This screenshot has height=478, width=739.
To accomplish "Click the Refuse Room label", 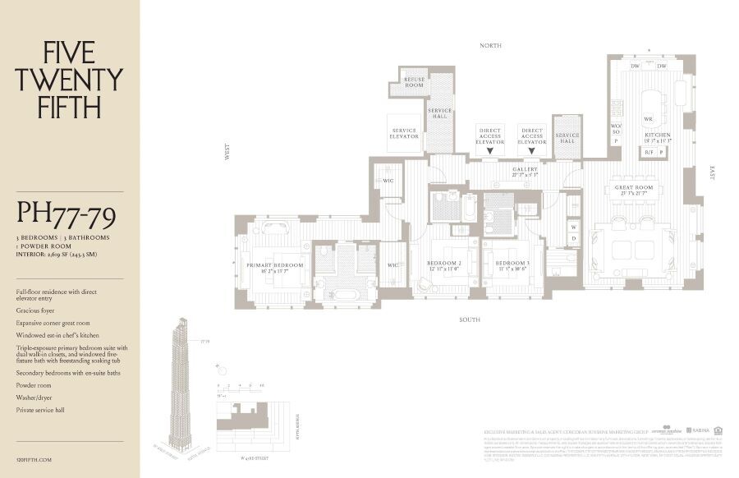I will click(414, 82).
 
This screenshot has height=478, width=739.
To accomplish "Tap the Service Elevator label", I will click(404, 133).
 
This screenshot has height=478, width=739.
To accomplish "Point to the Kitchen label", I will click(657, 136).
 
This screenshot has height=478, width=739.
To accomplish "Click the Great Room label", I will click(633, 188).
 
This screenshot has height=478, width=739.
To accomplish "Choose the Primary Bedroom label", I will click(275, 267).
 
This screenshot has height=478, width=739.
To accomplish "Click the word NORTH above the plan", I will click(490, 46).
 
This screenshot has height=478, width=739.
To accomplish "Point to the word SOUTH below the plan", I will click(470, 319).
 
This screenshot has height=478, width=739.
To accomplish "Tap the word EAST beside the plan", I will click(712, 172).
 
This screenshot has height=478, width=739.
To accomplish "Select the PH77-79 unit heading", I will click(66, 216).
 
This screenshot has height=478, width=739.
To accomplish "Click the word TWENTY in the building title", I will click(69, 80).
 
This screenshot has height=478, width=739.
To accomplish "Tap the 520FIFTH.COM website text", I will click(34, 461).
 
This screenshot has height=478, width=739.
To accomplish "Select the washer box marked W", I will click(573, 225).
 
